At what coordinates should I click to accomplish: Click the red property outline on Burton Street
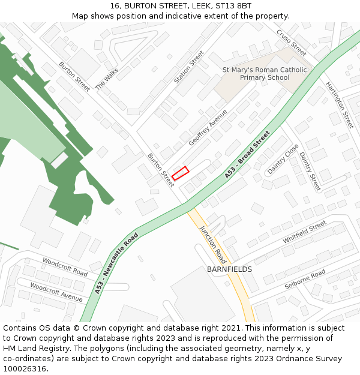pos(181,173)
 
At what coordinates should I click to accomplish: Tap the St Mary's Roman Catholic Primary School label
pos(264,74)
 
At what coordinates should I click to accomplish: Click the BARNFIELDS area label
pos(229,269)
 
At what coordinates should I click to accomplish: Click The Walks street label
pos(107,77)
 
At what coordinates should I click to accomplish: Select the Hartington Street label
pos(339,104)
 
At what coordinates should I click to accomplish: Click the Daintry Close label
pos(283,158)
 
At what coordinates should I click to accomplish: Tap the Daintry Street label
pos(310,172)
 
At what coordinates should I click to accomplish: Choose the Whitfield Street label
pos(305,232)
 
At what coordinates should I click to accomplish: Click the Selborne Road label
pos(305,280)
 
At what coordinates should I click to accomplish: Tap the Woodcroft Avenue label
pos(56,292)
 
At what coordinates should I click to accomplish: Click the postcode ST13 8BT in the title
pos(231,6)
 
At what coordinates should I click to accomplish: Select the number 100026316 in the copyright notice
pos(25,369)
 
